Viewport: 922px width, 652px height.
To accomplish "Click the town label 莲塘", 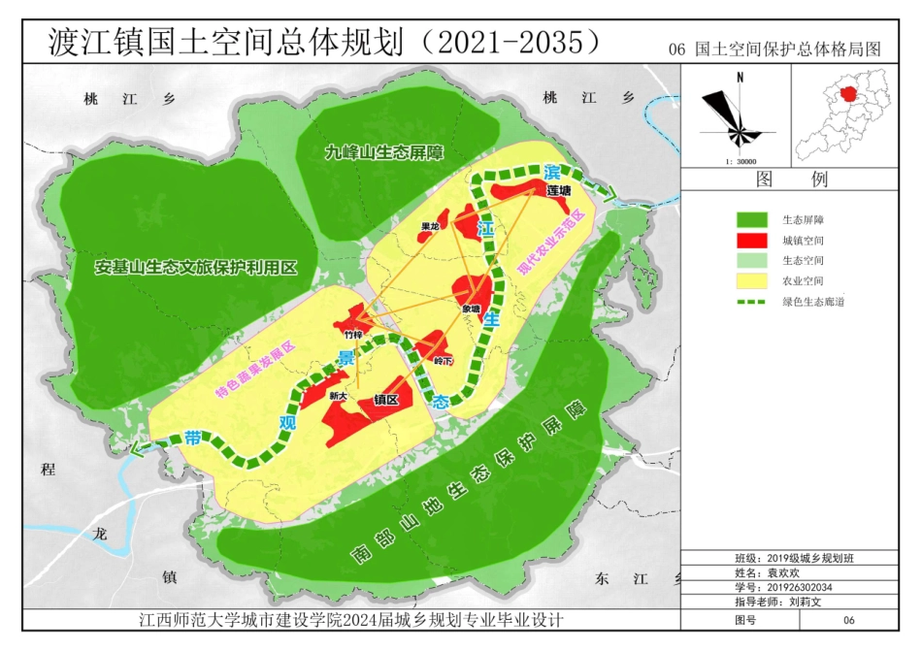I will (x=558, y=191).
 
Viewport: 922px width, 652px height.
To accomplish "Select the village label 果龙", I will (x=429, y=228).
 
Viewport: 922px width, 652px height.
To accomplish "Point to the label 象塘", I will (x=472, y=310).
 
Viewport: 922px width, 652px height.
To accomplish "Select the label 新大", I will (x=338, y=396).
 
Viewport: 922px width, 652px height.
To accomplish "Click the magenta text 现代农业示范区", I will (x=551, y=241).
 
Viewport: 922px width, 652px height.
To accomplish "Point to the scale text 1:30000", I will (x=741, y=162).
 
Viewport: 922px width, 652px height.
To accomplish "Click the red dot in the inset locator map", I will (x=849, y=94).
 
